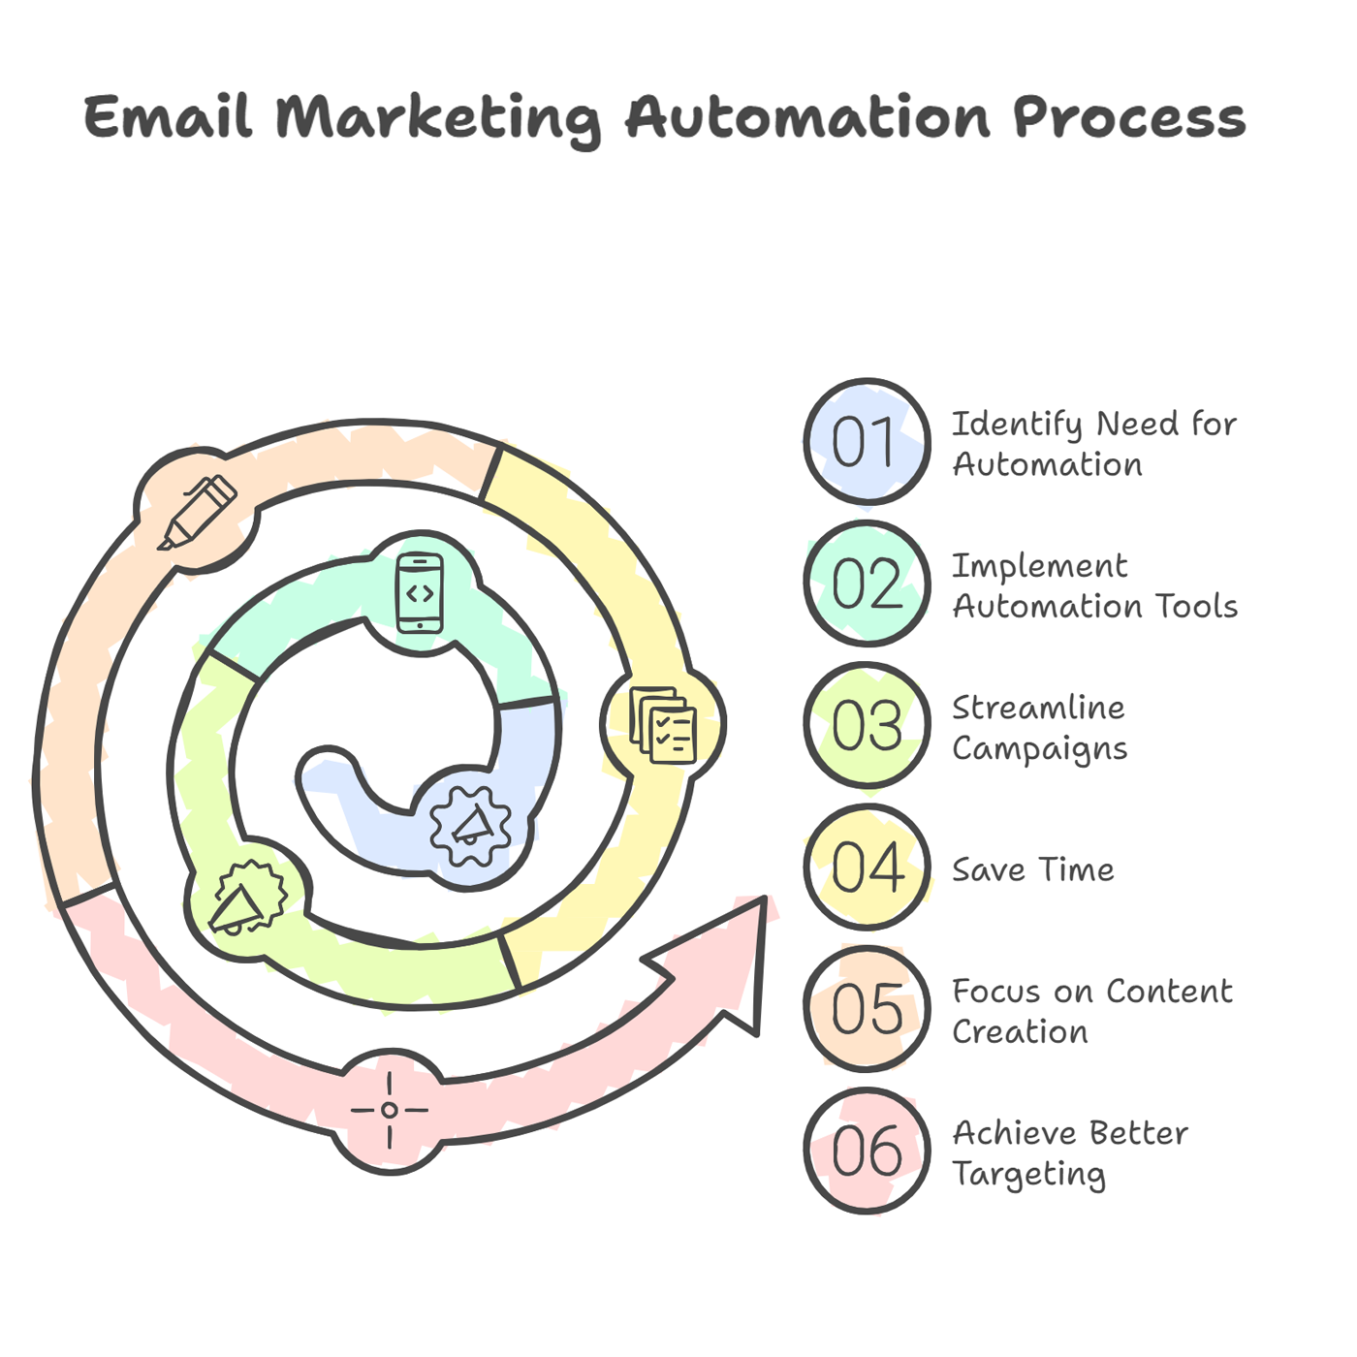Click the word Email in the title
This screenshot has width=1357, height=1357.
coord(168,116)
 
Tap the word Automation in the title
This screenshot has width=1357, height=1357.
coord(808,116)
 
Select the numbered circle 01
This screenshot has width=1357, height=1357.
coord(867,442)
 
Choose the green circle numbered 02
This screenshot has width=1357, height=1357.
coord(867,584)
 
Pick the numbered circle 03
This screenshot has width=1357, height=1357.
coord(867,725)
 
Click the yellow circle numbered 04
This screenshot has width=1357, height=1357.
coord(867,867)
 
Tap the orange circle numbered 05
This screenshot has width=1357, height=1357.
coord(867,1008)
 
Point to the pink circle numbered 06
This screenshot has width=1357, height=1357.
coord(867,1151)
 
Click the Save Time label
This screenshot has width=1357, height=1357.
coord(1033,869)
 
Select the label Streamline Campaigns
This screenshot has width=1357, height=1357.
coord(1039,728)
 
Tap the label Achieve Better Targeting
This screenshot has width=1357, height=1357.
coord(1070,1154)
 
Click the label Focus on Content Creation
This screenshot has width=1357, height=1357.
coord(1092,1011)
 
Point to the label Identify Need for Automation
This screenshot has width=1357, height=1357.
coord(1094,444)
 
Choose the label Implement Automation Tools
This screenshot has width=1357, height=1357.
coord(1095,585)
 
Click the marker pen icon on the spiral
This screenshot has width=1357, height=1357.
coord(197,512)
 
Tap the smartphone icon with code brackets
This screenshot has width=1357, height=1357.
coord(420,593)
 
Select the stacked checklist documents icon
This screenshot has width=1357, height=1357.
coord(663,725)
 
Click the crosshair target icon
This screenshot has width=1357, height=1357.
coord(390,1110)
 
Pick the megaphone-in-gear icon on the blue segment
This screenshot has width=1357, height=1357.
coord(470,825)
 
